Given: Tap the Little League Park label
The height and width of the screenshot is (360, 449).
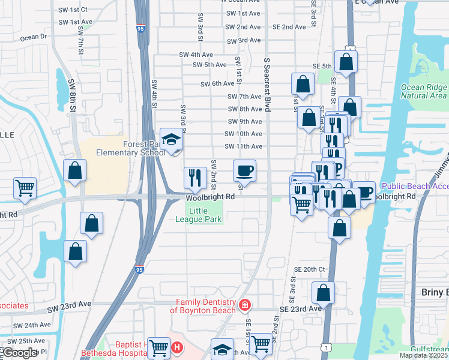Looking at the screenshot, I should click(205, 215).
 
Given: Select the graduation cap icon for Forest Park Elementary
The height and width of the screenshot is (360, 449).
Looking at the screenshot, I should click(172, 140).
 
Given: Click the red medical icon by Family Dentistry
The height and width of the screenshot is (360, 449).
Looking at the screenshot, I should click(244, 306).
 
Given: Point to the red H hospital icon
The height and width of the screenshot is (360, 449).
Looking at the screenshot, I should click(176, 347).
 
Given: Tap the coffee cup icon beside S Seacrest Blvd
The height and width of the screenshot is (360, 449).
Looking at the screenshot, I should click(244, 171).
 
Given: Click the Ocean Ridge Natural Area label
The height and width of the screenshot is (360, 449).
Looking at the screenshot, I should click(423, 91).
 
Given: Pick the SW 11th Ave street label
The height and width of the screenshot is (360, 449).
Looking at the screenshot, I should click(243, 146).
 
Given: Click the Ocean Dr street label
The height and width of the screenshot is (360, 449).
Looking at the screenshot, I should click(34, 37).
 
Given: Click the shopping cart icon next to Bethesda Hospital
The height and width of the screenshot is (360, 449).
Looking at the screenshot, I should click(158, 347).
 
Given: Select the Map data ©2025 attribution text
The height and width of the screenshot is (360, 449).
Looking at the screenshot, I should click(423, 355).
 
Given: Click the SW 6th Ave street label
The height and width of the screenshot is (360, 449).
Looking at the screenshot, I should click(217, 84).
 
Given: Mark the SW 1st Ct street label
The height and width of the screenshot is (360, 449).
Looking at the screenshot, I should click(73, 10).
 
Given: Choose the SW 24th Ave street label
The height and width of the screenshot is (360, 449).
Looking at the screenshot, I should click(34, 325).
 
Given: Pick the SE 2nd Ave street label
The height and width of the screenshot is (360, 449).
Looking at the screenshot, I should click(289, 27).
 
